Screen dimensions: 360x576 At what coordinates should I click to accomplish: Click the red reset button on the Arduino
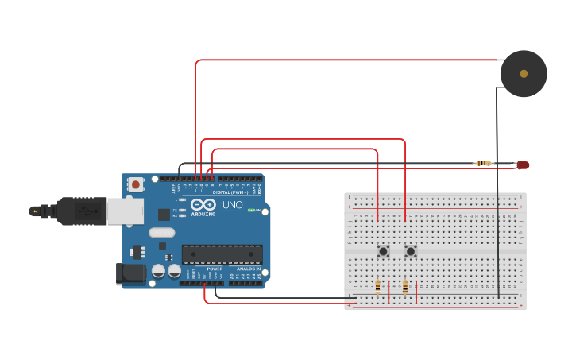(136, 184)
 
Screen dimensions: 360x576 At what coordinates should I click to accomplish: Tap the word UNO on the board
(232, 205)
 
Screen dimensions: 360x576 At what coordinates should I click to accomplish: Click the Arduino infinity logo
(203, 205)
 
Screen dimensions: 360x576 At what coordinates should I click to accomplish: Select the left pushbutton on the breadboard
(383, 251)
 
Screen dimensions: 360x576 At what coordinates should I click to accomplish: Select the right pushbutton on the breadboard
(411, 251)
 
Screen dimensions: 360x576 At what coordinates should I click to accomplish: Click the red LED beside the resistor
(522, 165)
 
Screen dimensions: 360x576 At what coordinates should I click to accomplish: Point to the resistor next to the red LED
(484, 164)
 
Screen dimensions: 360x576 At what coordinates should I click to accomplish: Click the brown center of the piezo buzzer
(524, 74)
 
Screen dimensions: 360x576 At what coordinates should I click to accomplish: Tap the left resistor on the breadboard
(377, 286)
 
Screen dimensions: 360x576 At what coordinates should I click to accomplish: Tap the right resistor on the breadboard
(405, 286)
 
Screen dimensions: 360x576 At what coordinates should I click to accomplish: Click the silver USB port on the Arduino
(125, 211)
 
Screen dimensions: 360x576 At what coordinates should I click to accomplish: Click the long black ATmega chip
(222, 254)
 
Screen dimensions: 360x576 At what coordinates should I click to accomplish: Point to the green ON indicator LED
(252, 210)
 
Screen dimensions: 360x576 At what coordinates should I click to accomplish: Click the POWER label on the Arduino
(215, 269)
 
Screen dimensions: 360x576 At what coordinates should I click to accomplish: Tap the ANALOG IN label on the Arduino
(248, 269)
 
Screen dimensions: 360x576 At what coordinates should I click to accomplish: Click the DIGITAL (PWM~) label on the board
(231, 192)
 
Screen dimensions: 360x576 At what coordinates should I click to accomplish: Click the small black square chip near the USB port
(164, 214)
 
